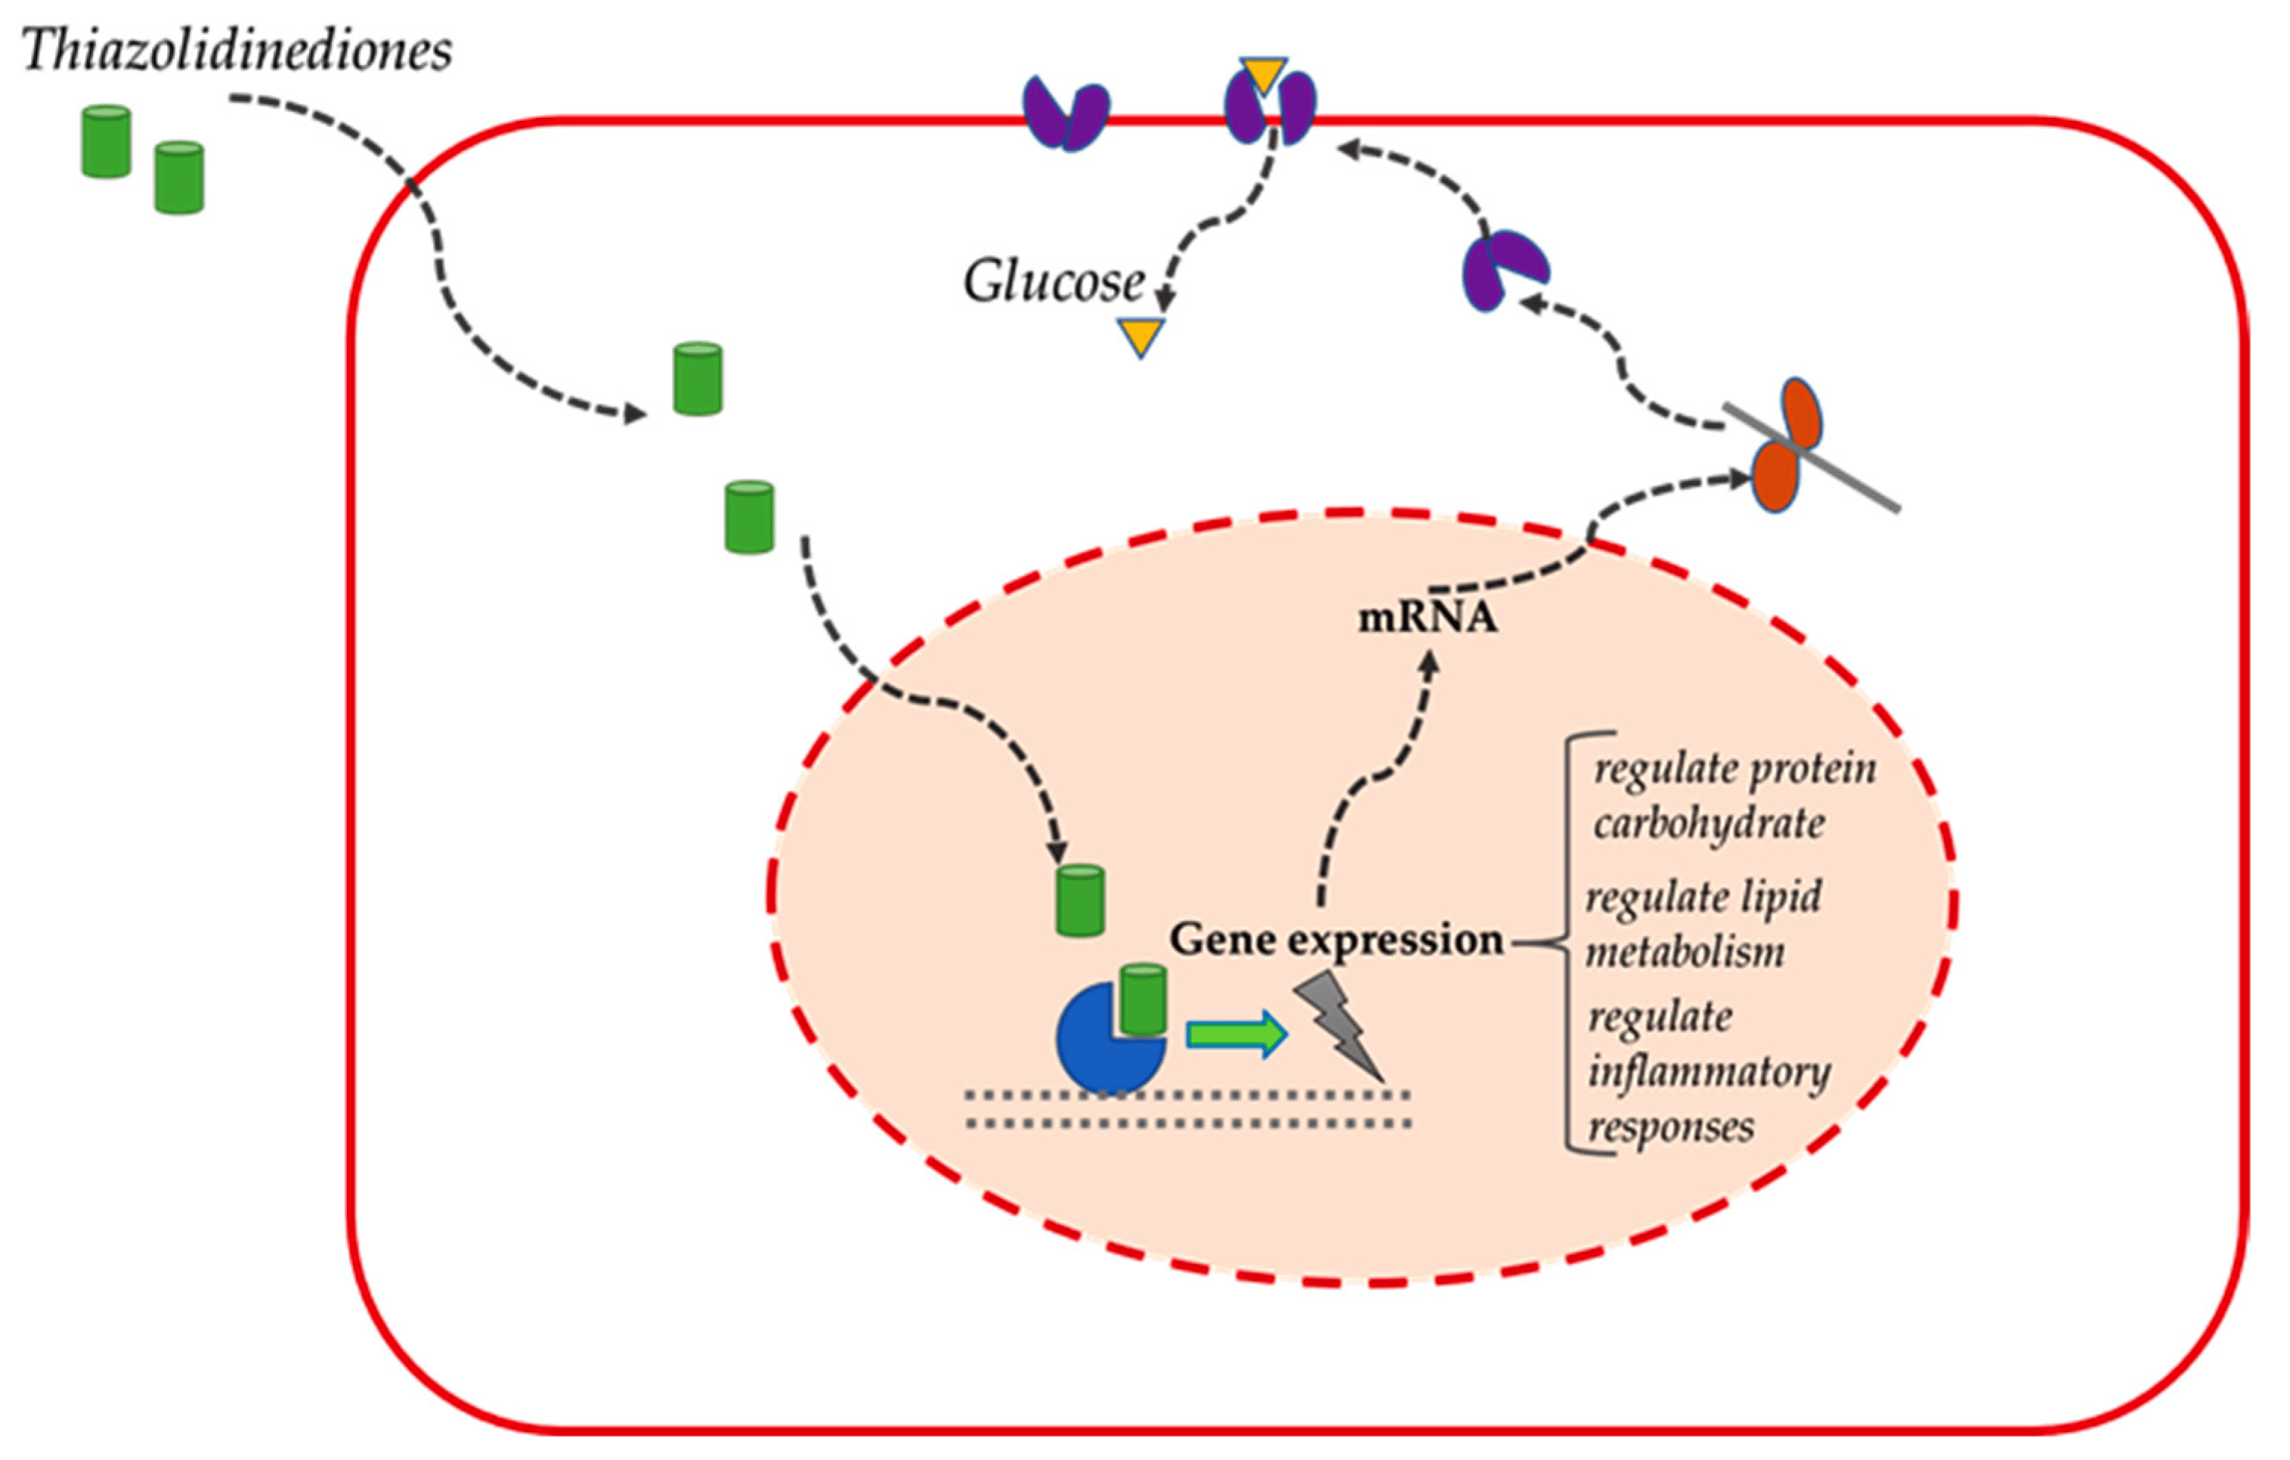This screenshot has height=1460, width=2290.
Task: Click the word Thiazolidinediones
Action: (236, 49)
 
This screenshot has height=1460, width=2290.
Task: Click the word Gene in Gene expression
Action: (1222, 940)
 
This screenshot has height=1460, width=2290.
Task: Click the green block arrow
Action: (1236, 1033)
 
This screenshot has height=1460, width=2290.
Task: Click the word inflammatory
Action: (1710, 1073)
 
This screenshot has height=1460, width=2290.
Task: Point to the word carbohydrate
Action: (1710, 823)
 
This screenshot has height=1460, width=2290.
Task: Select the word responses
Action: (1672, 1128)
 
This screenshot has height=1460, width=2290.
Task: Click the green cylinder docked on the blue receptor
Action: (1142, 999)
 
